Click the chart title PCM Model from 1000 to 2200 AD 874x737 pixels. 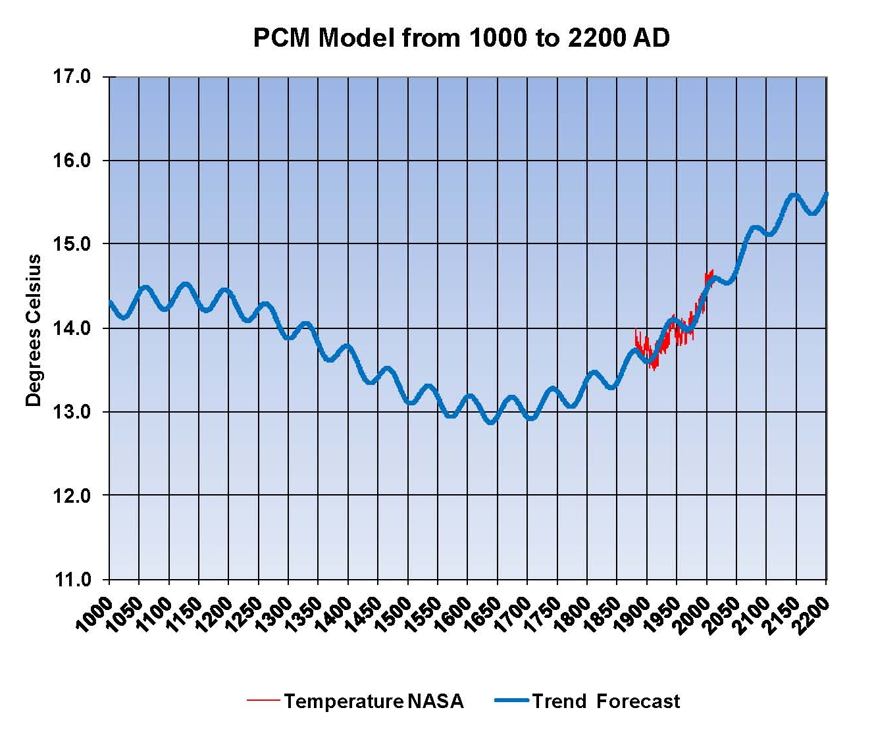click(x=461, y=38)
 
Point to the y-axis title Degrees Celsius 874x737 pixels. click(x=33, y=330)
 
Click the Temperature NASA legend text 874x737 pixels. click(x=373, y=701)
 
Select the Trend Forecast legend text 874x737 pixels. click(x=606, y=701)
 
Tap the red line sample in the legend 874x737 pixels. click(x=263, y=701)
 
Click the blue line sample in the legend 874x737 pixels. click(x=511, y=701)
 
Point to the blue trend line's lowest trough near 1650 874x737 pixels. click(x=490, y=422)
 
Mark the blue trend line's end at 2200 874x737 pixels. click(x=826, y=194)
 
